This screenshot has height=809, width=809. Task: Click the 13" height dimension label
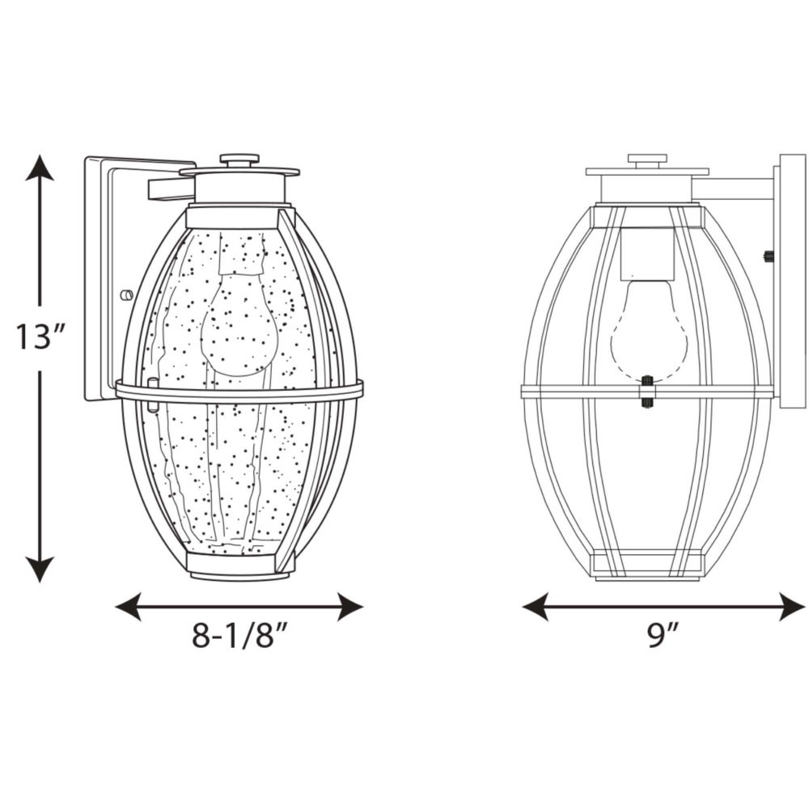39,337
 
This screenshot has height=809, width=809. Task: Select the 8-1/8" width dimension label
239,635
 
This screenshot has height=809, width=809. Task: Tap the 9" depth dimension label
663,635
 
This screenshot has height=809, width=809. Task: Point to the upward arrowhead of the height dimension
39,167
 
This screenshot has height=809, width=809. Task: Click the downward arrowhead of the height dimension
39,569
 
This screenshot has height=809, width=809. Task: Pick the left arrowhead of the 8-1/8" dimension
128,607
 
